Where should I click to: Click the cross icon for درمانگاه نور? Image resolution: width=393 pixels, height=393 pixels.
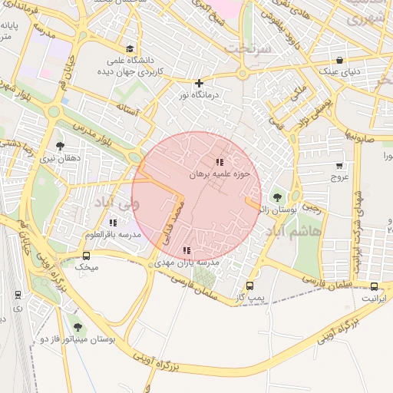coord(199,83)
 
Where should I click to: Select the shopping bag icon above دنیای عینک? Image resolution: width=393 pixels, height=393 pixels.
coord(340,61)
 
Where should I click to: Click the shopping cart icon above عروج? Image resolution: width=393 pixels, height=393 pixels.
coord(339,166)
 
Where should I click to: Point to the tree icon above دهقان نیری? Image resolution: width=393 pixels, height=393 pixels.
coord(60,145)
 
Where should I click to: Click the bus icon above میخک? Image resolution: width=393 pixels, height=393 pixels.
coord(86,256)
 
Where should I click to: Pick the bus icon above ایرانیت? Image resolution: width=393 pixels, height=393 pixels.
coord(374,286)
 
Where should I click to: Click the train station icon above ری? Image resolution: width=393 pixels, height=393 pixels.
coord(18,294)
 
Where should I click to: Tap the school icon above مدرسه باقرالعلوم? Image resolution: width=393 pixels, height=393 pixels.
coord(113,223)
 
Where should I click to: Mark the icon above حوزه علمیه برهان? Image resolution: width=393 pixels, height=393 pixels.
coord(220,162)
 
